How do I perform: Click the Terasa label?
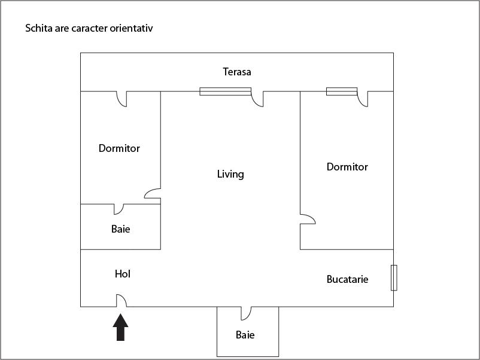click(x=237, y=72)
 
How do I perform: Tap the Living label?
click(x=230, y=174)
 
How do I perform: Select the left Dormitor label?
click(x=119, y=148)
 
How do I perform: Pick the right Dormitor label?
click(x=347, y=167)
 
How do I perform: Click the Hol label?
click(x=123, y=274)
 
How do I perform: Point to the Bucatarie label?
click(x=347, y=279)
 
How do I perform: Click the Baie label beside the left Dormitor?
click(x=120, y=228)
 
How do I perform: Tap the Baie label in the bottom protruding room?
click(x=245, y=335)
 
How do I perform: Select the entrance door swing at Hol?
click(x=120, y=300)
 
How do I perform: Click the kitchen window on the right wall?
click(x=394, y=277)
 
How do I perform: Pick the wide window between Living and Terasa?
click(x=225, y=91)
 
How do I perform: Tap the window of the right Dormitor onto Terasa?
click(x=341, y=91)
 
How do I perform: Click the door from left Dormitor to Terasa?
click(x=121, y=98)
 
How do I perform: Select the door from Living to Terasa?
click(x=257, y=99)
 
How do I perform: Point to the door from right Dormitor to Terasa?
click(x=362, y=99)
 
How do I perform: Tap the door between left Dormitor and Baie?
click(x=119, y=209)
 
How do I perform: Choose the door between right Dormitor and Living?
click(x=308, y=219)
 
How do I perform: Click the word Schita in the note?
click(x=38, y=28)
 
